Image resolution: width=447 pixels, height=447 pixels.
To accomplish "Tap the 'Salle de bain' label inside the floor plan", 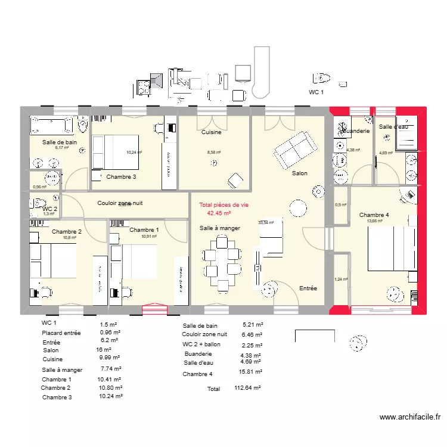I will [59, 142].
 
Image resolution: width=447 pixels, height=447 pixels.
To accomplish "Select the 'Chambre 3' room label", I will [121, 176].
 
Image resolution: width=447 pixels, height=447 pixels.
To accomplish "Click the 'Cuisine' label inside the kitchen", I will [211, 132].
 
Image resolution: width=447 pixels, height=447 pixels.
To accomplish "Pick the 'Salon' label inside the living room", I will [300, 173].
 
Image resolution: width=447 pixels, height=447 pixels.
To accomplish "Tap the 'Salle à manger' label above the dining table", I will [220, 228].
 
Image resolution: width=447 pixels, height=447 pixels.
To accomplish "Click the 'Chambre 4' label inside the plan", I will [374, 215].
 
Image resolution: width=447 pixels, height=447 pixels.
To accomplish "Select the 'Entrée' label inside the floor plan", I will [308, 288].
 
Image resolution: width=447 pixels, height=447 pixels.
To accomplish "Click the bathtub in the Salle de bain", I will [51, 126].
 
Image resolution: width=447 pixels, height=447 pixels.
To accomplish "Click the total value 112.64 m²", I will [247, 389].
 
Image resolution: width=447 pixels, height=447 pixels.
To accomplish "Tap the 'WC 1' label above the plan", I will [316, 92].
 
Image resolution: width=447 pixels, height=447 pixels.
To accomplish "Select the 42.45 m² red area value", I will [219, 213].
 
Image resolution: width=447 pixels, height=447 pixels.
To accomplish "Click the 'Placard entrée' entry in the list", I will [61, 333].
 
